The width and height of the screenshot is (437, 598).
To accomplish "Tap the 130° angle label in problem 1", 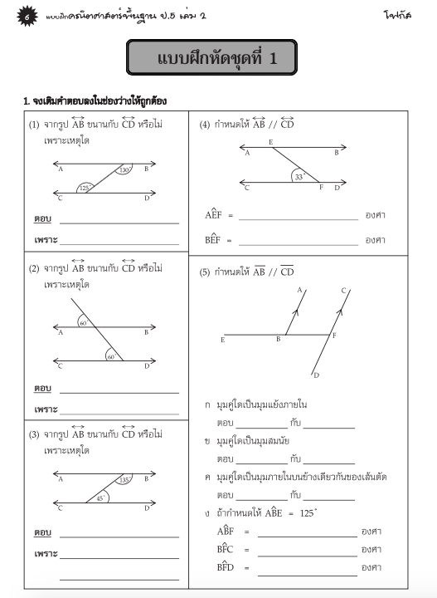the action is click(124, 170).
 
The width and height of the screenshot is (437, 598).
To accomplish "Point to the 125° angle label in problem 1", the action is click(85, 189).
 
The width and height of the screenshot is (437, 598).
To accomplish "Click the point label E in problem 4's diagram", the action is click(271, 143).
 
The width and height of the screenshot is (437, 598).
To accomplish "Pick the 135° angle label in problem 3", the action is click(125, 480).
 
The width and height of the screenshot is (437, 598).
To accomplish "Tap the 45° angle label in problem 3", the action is click(100, 498).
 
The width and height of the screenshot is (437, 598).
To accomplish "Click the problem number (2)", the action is click(35, 269).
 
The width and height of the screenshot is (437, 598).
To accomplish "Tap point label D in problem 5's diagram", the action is click(316, 376).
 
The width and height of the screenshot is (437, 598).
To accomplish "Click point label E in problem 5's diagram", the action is click(222, 340).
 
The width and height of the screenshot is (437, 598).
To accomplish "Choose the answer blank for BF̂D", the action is click(306, 568).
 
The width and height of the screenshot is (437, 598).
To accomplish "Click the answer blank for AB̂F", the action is click(306, 532).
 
